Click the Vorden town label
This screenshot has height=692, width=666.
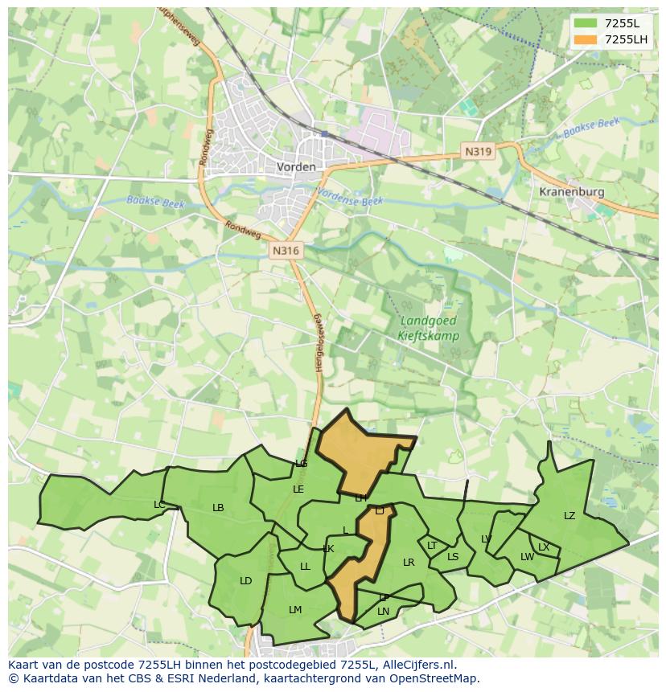(296, 167)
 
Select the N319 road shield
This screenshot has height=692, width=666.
(478, 150)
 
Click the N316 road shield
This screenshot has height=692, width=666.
(286, 251)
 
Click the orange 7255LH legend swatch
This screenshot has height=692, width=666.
(585, 39)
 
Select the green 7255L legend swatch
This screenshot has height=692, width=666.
(585, 23)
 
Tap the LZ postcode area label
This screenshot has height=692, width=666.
(569, 516)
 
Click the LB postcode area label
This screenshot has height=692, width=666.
(218, 508)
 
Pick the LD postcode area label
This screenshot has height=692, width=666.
(246, 581)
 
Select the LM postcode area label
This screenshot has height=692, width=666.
(295, 610)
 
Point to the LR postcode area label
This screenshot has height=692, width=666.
(409, 563)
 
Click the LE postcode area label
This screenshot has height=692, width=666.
(298, 489)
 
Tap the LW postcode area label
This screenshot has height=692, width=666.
(527, 557)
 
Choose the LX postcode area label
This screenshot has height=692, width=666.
(544, 547)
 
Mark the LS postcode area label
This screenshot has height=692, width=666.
(453, 557)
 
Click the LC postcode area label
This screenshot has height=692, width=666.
(159, 505)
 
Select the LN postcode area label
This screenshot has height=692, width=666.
(384, 612)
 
